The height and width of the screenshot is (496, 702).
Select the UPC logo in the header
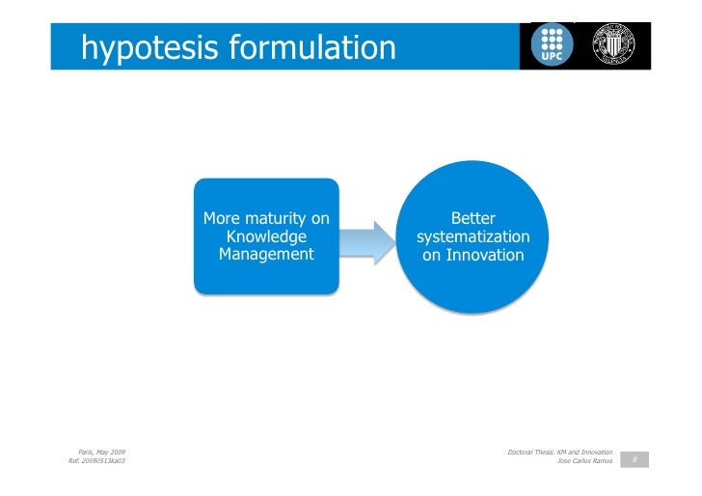(x=555, y=43)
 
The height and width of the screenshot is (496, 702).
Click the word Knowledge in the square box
(x=266, y=237)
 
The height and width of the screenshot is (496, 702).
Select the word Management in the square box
(x=266, y=255)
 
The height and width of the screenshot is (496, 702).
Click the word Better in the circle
(x=472, y=219)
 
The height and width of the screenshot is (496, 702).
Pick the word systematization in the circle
(x=472, y=237)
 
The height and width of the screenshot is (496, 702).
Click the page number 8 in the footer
(x=634, y=460)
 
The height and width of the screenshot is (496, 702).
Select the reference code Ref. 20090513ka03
(x=96, y=461)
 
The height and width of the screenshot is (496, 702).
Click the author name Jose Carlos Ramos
(x=585, y=461)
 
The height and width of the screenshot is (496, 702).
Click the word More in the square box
(x=221, y=219)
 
